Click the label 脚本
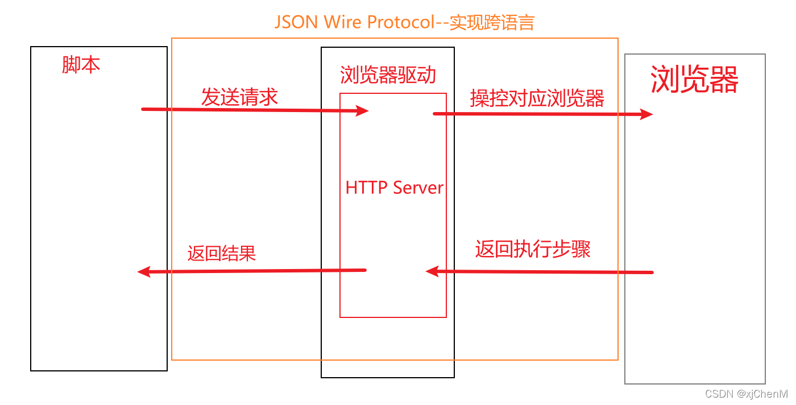[81, 65]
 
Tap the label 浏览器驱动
[388, 75]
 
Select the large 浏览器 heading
[694, 79]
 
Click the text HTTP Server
[394, 188]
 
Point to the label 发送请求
[239, 97]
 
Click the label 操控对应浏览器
[537, 98]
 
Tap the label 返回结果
[222, 253]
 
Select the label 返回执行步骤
[533, 249]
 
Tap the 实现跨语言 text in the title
[492, 22]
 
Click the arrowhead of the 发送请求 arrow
[363, 110]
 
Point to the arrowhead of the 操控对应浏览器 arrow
[646, 114]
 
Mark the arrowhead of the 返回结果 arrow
[144, 272]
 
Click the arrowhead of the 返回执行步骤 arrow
[433, 271]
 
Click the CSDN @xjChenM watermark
[746, 394]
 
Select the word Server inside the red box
[418, 188]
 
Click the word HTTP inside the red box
[366, 188]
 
